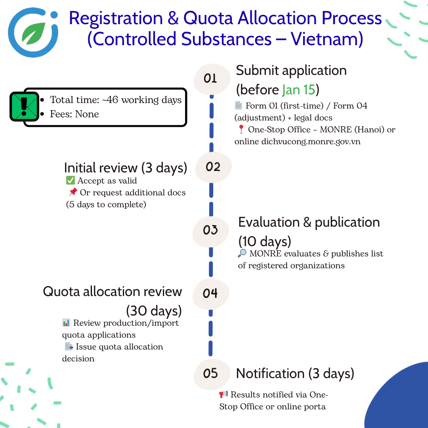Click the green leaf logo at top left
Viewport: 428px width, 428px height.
33,32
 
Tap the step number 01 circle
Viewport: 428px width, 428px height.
212,78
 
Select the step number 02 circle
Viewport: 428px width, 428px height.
213,167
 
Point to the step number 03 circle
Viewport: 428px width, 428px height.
210,230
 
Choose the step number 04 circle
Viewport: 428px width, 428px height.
210,293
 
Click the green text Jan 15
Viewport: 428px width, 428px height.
298,90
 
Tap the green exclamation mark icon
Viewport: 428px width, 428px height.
24,106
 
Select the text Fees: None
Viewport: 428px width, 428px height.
74,114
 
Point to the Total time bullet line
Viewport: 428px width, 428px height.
115,100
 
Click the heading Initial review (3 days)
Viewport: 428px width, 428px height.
125,167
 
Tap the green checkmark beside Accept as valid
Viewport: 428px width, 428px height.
71,181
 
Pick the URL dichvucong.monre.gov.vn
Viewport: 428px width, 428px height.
311,141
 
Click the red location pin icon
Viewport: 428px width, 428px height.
241,130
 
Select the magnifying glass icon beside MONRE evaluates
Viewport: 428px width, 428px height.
243,254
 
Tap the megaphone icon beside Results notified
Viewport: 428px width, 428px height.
224,395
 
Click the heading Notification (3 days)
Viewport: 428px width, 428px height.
295,373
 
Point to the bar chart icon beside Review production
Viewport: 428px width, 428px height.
66,323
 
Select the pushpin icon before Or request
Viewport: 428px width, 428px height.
73,193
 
